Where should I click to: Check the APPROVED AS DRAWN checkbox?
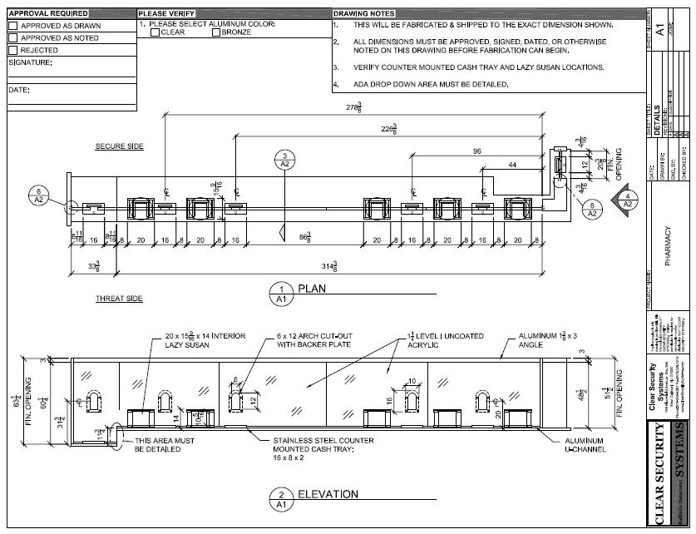click(x=12, y=26)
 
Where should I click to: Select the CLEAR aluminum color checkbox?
click(x=155, y=32)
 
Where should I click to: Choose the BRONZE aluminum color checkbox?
click(x=216, y=32)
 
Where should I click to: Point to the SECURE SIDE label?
click(x=119, y=146)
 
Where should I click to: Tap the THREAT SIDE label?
click(x=120, y=298)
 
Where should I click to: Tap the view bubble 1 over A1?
click(x=281, y=292)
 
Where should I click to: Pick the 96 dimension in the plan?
click(x=476, y=151)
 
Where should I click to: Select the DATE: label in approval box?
click(x=19, y=89)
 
